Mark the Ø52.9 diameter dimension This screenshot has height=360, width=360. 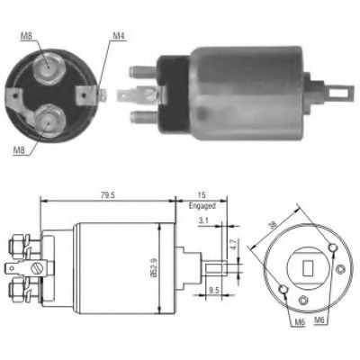tap(164, 270)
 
